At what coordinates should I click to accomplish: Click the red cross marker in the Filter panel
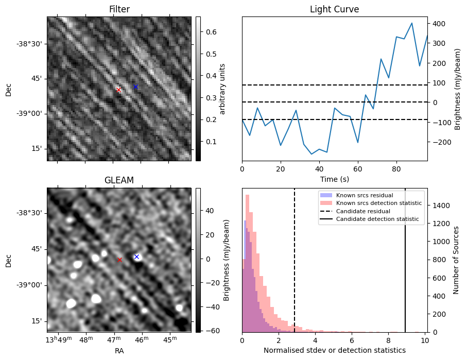(118, 90)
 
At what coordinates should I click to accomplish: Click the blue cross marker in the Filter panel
(135, 87)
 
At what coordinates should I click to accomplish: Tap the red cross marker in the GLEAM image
(119, 260)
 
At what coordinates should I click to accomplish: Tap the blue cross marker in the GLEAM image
(136, 256)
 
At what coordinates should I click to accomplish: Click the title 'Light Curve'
(334, 9)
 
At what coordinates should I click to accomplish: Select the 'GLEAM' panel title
(119, 180)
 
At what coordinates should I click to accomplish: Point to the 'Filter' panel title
(119, 9)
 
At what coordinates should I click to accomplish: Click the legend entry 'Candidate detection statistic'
(377, 219)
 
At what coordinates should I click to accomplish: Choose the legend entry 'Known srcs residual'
(364, 195)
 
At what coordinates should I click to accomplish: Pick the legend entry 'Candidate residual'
(363, 211)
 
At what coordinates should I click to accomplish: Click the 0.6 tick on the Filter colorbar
(211, 32)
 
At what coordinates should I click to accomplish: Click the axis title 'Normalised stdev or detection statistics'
(334, 350)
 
